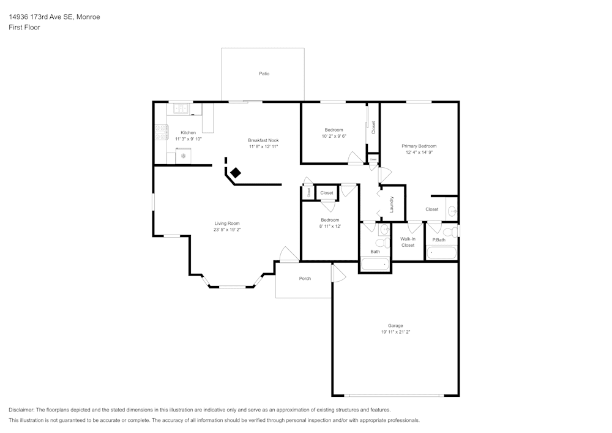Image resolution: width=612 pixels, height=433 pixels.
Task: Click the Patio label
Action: pos(264,73)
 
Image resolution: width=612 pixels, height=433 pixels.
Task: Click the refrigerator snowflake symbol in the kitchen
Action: pos(182,157)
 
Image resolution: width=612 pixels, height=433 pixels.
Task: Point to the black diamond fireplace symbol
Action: pos(235,173)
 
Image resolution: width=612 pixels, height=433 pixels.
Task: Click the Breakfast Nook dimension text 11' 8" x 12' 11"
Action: pos(263,147)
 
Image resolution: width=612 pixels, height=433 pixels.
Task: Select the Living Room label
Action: pos(226,223)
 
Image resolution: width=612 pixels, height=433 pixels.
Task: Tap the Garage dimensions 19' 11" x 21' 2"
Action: pos(395,332)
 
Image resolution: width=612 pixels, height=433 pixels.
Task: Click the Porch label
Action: pos(305,279)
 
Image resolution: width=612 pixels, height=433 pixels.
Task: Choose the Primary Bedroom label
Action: pos(419,146)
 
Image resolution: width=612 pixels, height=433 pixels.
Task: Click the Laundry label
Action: pos(391,204)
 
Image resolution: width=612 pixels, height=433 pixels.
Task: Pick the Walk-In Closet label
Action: pos(408,242)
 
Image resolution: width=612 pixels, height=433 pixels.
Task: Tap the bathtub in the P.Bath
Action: pos(441,252)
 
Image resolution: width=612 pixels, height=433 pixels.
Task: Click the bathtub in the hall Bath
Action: pos(375,265)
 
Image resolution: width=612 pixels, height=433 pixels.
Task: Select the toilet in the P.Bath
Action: pos(449,232)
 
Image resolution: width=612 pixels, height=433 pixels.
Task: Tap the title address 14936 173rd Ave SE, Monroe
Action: pos(54,17)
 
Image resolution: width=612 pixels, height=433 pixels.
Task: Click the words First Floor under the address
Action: pos(24,28)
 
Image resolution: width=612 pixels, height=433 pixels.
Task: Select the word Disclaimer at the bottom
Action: pos(21,410)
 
